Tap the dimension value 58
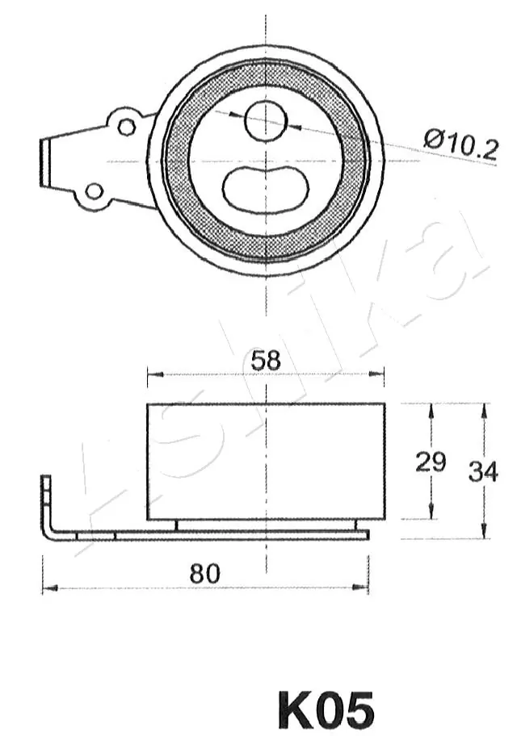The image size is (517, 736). click(x=265, y=360)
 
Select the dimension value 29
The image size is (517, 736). click(x=430, y=462)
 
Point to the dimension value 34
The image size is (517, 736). click(x=482, y=471)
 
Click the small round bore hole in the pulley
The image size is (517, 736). click(x=266, y=121)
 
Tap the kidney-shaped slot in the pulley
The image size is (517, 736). click(x=266, y=190)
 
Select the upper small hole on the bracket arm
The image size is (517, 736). click(x=126, y=127)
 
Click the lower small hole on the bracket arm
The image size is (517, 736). click(x=95, y=191)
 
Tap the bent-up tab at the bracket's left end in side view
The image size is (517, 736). click(x=47, y=500)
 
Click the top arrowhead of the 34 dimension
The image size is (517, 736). click(x=484, y=409)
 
